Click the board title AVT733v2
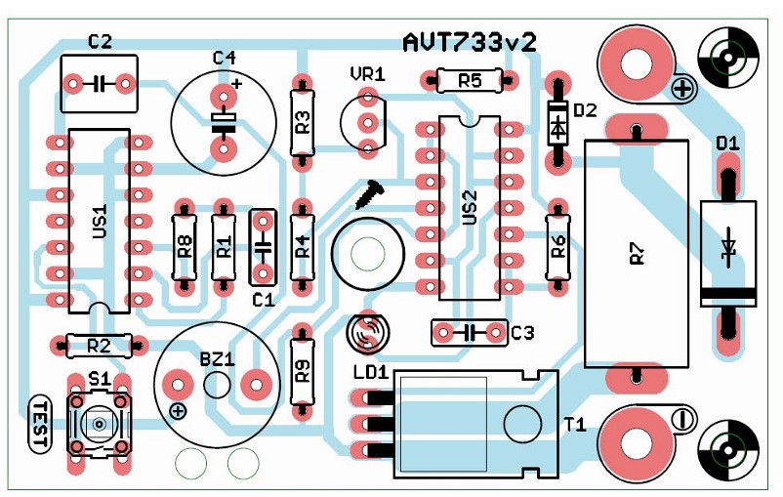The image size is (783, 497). tap(470, 42)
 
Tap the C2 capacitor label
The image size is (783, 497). tap(100, 41)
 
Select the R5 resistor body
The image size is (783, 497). tap(470, 80)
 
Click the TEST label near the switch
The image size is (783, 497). tap(40, 424)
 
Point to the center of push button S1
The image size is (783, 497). tap(99, 425)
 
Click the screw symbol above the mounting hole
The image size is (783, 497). tap(369, 192)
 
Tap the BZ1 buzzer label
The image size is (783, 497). tap(217, 359)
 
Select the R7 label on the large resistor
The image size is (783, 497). tap(638, 254)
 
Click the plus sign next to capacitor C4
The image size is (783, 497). tap(237, 84)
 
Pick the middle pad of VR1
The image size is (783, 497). tap(368, 122)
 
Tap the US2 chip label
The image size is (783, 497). tap(470, 207)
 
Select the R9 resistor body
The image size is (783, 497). tap(303, 372)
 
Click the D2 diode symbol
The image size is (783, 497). tap(557, 123)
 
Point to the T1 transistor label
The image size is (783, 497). tap(575, 425)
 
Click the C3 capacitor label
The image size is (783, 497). tap(523, 333)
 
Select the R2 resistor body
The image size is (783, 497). tap(99, 345)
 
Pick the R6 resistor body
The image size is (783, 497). tap(557, 247)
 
